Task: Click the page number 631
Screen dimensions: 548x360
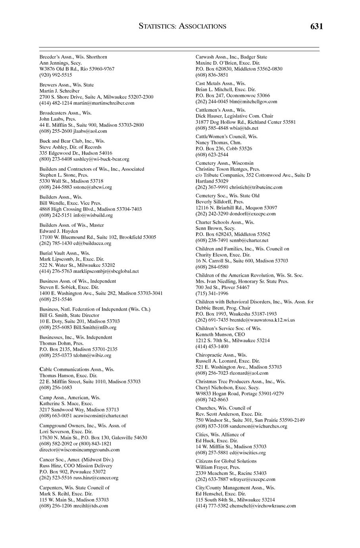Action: click(316, 27)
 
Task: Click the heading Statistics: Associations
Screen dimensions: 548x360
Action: click(183, 27)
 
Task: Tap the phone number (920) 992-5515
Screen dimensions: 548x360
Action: click(56, 75)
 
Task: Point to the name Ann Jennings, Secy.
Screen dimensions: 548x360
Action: click(60, 63)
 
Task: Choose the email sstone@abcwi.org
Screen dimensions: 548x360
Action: click(93, 187)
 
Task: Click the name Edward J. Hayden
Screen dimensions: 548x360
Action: click(59, 231)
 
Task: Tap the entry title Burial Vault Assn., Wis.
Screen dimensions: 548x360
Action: click(65, 253)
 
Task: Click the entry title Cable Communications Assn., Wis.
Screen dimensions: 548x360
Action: click(77, 369)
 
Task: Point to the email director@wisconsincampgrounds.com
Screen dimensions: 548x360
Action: click(79, 450)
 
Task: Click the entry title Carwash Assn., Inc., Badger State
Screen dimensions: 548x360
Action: click(231, 57)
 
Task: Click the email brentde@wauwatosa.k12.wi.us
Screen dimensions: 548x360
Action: click(262, 320)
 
